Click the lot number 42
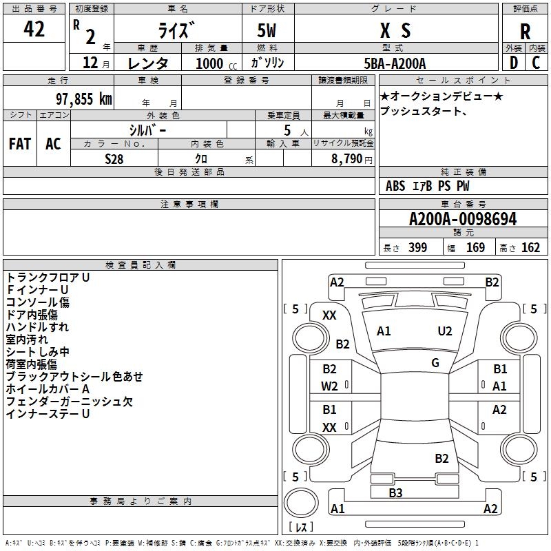pos(34,30)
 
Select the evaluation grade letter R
pos(525,31)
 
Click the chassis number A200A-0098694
pos(462,219)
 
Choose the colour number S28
pos(114,158)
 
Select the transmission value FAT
pos(20,143)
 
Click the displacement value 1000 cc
pos(209,63)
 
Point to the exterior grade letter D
pos(513,63)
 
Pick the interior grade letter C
pos(536,63)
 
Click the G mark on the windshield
pos(435,362)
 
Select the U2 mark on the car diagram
pos(445,331)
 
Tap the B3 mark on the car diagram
pos(395,492)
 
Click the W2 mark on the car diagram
pos(330,386)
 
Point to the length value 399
pos(417,248)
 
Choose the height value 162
pos(530,248)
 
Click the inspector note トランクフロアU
pos(48,277)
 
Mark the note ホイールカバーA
pos(48,389)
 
